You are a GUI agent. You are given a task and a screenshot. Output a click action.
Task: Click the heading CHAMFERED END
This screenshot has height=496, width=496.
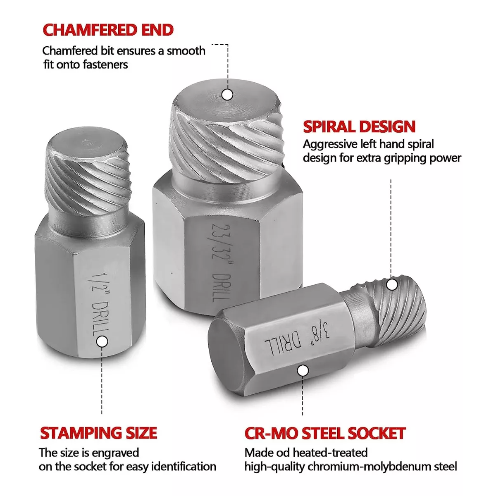pos(108,30)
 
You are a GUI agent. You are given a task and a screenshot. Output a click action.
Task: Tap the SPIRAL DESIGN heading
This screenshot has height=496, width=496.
pos(359,126)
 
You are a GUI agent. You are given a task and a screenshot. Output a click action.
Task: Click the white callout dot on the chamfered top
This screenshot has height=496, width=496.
pos(227,95)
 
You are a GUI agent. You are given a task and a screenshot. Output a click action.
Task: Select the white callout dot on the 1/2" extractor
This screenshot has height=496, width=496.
pos(102,342)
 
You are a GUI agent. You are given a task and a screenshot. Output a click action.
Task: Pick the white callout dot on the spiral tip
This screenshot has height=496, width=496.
pos(392,284)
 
